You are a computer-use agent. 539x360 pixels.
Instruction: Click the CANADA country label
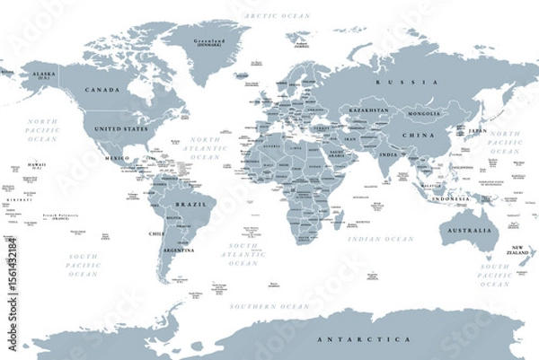[103, 91]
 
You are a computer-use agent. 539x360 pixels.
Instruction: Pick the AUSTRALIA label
[468, 231]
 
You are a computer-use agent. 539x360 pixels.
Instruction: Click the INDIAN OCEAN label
[387, 239]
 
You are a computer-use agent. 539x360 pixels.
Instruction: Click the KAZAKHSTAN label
[369, 110]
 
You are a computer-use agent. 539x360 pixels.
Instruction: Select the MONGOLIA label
[424, 114]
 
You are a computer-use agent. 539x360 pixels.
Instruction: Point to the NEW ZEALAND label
[518, 250]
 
